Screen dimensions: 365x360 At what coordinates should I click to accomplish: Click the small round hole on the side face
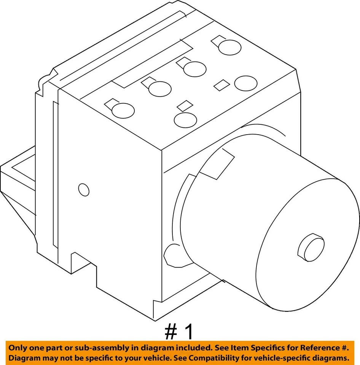[83, 190]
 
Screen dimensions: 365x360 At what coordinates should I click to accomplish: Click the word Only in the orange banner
[18, 348]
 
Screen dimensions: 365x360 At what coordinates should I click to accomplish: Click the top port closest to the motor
[185, 119]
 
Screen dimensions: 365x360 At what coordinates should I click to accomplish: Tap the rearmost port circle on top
[230, 48]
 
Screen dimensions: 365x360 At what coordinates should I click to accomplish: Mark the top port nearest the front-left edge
[123, 110]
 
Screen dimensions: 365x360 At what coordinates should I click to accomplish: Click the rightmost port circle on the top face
[246, 83]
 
